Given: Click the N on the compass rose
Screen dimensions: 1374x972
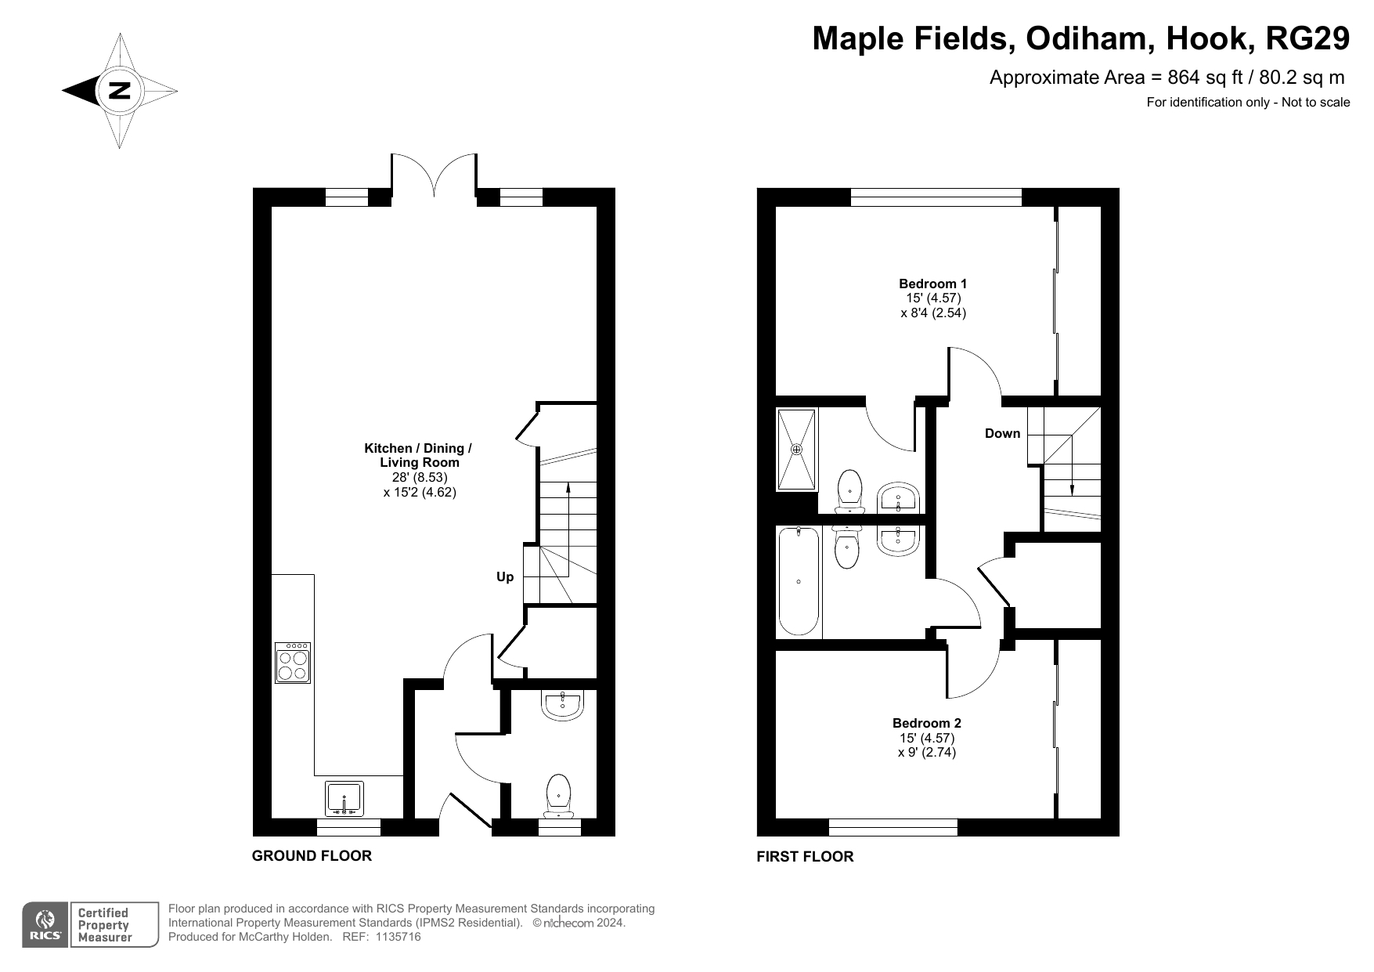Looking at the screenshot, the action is [120, 91].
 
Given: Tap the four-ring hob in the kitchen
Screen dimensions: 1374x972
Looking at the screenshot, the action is [293, 663].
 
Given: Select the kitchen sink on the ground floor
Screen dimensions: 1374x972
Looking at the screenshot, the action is [344, 798].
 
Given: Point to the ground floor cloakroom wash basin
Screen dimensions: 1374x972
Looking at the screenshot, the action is [562, 705].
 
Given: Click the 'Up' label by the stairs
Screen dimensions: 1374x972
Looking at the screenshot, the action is [505, 577].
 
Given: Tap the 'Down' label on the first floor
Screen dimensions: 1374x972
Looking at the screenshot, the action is [1002, 433].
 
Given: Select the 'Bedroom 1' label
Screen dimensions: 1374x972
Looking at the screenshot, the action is [932, 284].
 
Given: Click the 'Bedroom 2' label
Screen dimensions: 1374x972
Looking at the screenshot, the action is [927, 723].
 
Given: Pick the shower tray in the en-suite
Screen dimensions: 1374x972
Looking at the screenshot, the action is [797, 450].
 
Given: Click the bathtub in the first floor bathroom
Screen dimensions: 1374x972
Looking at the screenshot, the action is [799, 581].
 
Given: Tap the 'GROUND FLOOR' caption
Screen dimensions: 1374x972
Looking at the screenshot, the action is [312, 855].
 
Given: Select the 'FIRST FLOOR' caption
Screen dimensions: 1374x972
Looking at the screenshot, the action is [805, 856].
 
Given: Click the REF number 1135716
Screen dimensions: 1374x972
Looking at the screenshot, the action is [398, 937].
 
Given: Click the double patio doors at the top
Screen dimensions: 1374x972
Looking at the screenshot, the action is [434, 173].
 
